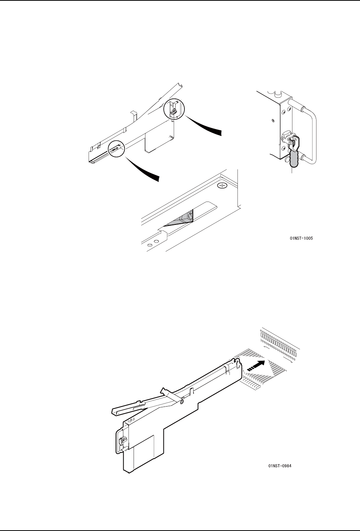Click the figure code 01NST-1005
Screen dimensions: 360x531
pos(301,238)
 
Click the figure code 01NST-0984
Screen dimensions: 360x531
pos(280,466)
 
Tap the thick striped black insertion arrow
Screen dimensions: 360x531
pos(256,366)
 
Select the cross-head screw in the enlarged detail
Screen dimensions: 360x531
pos(222,186)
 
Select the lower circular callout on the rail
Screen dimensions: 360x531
pos(116,149)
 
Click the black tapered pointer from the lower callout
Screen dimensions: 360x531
pos(142,169)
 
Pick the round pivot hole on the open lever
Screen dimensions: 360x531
pos(182,402)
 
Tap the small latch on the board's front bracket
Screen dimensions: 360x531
pos(121,441)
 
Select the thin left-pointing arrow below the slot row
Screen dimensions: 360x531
pos(266,348)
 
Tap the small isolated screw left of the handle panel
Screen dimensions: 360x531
pos(273,121)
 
